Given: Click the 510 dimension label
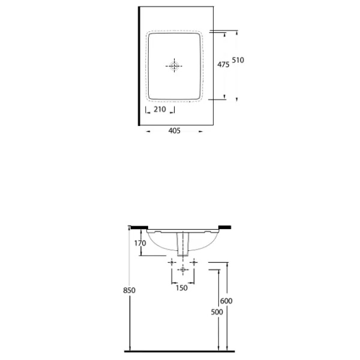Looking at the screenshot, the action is pyautogui.click(x=238, y=60).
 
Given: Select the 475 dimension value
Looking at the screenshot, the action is pyautogui.click(x=223, y=65).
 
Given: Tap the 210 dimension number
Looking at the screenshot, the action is pyautogui.click(x=160, y=109).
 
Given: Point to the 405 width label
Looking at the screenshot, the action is pyautogui.click(x=175, y=131).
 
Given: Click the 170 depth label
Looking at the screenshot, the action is pyautogui.click(x=140, y=243).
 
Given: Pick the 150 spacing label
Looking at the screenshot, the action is pyautogui.click(x=182, y=288).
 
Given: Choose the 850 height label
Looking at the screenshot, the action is pyautogui.click(x=129, y=290).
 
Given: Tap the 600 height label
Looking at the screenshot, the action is pyautogui.click(x=226, y=301).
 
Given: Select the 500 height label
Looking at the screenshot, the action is pyautogui.click(x=217, y=312).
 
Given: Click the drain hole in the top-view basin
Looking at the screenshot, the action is pyautogui.click(x=174, y=66).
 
